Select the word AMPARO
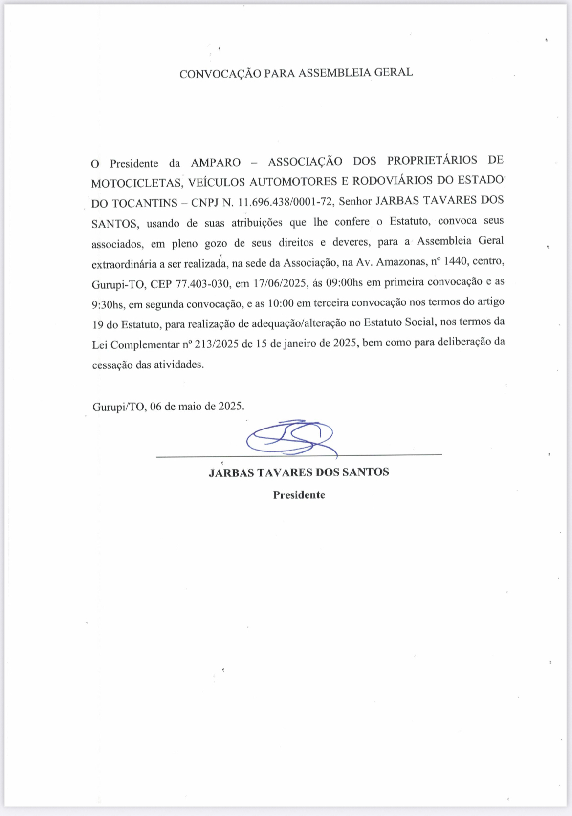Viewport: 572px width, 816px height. coord(216,162)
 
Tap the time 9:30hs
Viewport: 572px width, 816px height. coord(108,305)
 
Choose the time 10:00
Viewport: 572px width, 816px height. coord(281,303)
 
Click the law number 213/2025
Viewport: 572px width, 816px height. coord(217,344)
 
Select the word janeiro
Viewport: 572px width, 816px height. coord(293,344)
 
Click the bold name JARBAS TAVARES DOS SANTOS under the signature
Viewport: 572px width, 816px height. coord(299,472)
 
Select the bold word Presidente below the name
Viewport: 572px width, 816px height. coord(299,495)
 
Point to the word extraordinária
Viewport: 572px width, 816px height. coord(124,264)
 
